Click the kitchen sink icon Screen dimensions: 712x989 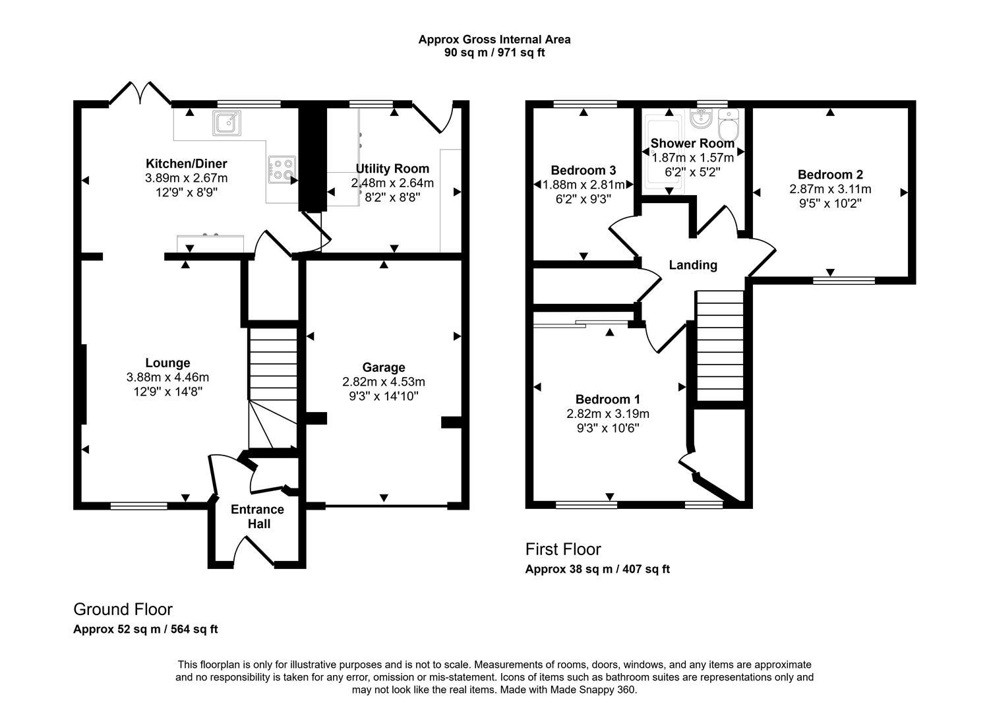(x=227, y=123)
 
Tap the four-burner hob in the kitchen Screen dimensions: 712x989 (x=281, y=169)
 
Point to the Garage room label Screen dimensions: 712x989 (x=383, y=367)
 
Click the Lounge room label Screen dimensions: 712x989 (x=167, y=363)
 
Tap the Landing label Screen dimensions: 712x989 (x=692, y=265)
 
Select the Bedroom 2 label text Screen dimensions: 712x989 (x=830, y=175)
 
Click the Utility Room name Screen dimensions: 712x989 (x=392, y=169)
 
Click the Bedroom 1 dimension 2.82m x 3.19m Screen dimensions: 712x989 (x=607, y=414)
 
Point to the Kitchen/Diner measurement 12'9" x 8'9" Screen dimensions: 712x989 (x=186, y=193)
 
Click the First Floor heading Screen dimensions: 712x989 (x=562, y=549)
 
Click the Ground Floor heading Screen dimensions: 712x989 (x=123, y=609)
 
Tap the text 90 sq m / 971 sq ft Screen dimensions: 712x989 (x=494, y=53)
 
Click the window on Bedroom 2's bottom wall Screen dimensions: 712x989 (x=844, y=281)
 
